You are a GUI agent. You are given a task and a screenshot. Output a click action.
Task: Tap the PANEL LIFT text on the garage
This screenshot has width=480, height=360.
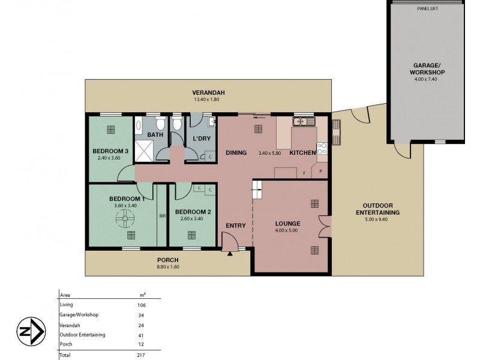(428, 8)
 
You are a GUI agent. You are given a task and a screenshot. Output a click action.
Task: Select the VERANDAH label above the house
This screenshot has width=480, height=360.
(208, 92)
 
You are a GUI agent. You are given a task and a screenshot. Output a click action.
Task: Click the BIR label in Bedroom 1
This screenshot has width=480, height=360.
(161, 217)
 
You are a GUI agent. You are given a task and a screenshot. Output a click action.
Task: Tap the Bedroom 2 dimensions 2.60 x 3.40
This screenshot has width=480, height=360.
(193, 219)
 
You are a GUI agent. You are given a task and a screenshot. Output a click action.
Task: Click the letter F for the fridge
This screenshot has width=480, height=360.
(304, 172)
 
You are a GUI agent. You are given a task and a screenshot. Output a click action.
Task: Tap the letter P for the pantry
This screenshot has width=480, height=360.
(321, 172)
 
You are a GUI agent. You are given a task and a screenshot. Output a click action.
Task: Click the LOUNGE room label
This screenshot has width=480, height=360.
(287, 223)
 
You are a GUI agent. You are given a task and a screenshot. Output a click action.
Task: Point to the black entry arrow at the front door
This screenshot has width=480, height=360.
(230, 254)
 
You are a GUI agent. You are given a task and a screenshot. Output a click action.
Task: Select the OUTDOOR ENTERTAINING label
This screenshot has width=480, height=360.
(377, 209)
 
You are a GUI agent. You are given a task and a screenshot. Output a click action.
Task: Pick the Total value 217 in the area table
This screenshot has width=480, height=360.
(142, 355)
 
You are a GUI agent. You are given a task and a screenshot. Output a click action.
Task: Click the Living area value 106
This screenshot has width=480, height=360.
(142, 305)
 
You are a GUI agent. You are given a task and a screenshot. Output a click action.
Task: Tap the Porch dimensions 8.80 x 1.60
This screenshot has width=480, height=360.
(167, 268)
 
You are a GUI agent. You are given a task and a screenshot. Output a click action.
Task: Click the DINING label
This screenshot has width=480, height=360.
(236, 153)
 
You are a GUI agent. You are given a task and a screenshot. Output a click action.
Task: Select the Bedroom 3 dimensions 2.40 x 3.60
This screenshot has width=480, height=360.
(110, 158)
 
